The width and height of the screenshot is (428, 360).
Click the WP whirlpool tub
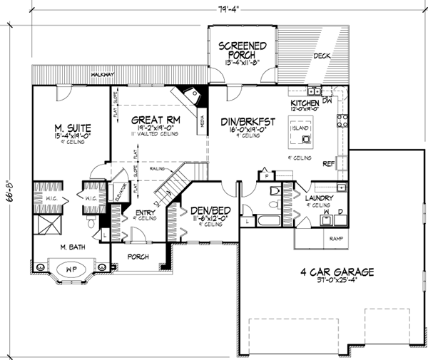tap(69, 272)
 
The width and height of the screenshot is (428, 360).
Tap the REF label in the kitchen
tap(330, 163)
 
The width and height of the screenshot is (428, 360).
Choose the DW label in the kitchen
tap(327, 101)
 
